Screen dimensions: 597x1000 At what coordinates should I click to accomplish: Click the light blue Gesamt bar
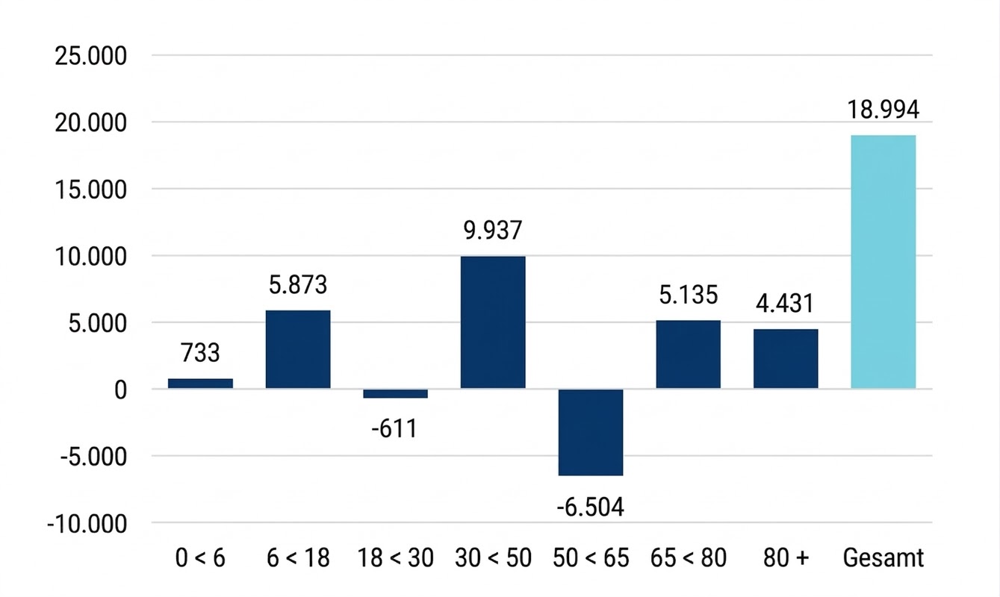click(883, 262)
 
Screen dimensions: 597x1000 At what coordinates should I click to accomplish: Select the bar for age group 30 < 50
click(493, 322)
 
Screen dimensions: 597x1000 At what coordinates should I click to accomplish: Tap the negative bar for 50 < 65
click(591, 432)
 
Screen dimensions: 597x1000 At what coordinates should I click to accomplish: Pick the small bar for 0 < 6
click(200, 384)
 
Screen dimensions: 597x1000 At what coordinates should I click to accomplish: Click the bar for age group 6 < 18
click(298, 349)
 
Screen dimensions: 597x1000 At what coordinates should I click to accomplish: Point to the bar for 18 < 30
click(395, 393)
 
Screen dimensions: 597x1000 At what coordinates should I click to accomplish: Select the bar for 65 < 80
click(688, 354)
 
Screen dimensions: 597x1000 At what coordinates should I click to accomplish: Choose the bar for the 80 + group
click(786, 359)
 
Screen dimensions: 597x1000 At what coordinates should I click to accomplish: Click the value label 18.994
click(883, 110)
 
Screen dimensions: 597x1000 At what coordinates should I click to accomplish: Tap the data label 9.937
click(492, 231)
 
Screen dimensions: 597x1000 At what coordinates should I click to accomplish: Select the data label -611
click(394, 429)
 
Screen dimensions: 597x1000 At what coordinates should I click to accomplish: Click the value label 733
click(200, 352)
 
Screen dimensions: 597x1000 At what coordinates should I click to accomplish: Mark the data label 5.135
click(688, 295)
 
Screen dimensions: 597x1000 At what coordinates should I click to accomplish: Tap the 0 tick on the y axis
click(118, 390)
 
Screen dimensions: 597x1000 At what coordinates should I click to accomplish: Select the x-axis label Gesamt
click(883, 557)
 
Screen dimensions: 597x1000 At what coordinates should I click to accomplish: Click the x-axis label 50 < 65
click(591, 557)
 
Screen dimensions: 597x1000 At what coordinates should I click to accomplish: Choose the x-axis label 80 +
click(786, 557)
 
